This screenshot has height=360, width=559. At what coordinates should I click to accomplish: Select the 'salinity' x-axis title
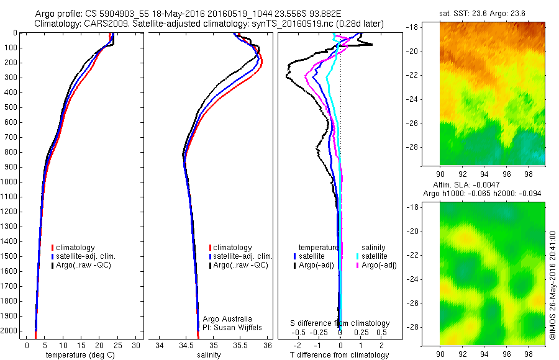point(209,355)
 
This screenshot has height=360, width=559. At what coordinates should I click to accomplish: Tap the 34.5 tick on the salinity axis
point(186,345)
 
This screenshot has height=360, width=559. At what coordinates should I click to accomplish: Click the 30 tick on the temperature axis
point(137,345)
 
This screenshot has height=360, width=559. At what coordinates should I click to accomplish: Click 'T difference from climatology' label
point(340,355)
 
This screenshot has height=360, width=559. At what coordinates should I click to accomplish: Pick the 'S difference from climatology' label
point(340,323)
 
